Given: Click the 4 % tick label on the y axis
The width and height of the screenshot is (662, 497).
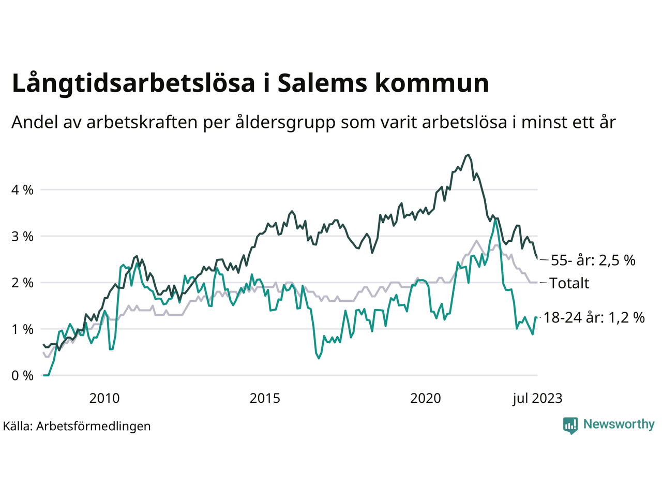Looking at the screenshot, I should (x=22, y=190).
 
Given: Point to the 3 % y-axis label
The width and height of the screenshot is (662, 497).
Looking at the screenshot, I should (x=22, y=237).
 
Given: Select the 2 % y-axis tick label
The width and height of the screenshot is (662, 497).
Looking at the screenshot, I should (x=22, y=283).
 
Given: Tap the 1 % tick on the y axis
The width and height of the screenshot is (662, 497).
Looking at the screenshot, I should (x=22, y=329).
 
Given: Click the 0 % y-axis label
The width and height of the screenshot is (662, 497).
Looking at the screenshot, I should (x=22, y=376).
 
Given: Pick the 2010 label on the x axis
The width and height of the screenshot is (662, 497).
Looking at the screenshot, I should (x=104, y=398).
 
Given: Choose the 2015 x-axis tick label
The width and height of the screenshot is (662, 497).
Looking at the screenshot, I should (x=265, y=398).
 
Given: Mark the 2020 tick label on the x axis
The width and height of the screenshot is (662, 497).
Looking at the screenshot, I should (x=426, y=398).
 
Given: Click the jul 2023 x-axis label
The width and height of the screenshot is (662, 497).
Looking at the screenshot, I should (x=537, y=398).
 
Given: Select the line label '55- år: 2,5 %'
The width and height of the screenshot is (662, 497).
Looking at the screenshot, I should (x=593, y=260).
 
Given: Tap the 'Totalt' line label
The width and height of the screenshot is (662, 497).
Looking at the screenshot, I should (x=569, y=283).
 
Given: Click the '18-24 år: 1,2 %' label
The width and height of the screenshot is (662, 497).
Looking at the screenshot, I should (x=594, y=317).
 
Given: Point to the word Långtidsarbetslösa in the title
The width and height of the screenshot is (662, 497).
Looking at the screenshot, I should (x=133, y=84).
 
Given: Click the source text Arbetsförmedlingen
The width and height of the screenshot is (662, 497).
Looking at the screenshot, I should (x=94, y=426).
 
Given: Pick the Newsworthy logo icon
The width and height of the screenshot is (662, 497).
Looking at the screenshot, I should (x=570, y=425).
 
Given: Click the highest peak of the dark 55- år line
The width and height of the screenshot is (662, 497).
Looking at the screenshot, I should (x=468, y=155).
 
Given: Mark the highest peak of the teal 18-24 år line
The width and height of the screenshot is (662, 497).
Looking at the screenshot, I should (x=495, y=219).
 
